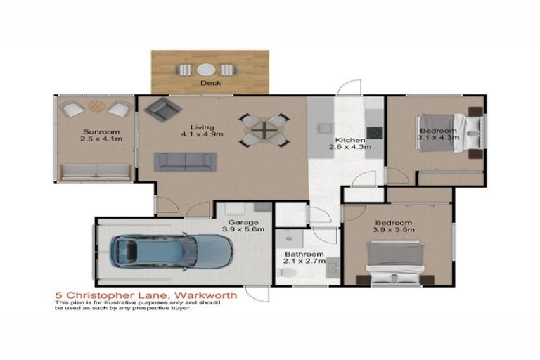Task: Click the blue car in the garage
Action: click(x=171, y=251)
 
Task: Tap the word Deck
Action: click(x=210, y=83)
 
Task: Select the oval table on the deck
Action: click(x=206, y=70)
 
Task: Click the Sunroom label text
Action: click(x=96, y=131)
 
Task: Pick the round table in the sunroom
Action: click(x=96, y=107)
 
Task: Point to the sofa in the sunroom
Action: click(x=96, y=172)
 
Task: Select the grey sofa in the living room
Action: click(x=185, y=162)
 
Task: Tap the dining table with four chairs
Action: click(x=264, y=130)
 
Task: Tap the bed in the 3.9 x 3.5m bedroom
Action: click(x=397, y=262)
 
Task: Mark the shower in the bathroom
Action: click(x=290, y=240)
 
